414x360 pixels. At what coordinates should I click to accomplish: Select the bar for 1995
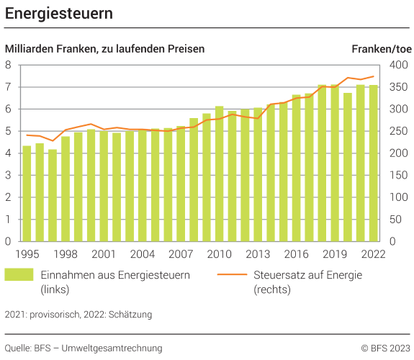pos(27,194)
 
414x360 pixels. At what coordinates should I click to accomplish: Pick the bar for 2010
pos(219,174)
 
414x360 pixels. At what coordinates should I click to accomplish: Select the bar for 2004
pos(142,186)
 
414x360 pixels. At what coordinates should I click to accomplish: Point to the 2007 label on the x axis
pos(181,253)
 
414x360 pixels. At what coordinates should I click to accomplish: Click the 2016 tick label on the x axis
pos(296,253)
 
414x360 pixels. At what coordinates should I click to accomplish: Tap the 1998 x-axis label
pos(66,253)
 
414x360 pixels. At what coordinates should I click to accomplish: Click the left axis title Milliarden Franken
pos(105,49)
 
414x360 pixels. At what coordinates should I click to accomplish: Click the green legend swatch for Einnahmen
pos(19,274)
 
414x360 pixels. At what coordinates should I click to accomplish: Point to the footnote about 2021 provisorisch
pos(78,315)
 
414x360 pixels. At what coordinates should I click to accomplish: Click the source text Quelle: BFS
pos(84,348)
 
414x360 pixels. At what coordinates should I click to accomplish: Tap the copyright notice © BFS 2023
pos(385,348)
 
